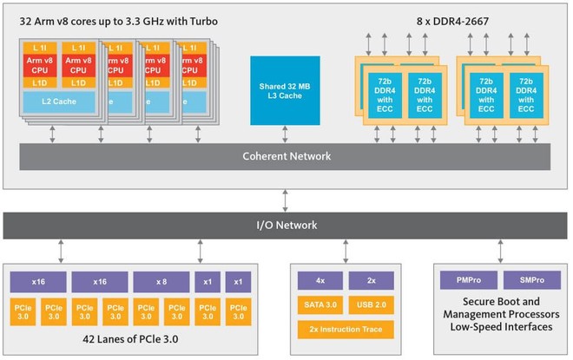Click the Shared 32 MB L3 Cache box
pos(284,91)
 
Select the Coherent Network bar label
pos(286,157)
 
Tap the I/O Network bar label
pos(286,225)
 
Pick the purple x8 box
pos(161,281)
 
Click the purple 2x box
pos(371,281)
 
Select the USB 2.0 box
pos(371,304)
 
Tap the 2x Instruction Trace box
pos(346,329)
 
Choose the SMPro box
pos(531,281)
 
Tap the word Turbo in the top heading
pos(198,18)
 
